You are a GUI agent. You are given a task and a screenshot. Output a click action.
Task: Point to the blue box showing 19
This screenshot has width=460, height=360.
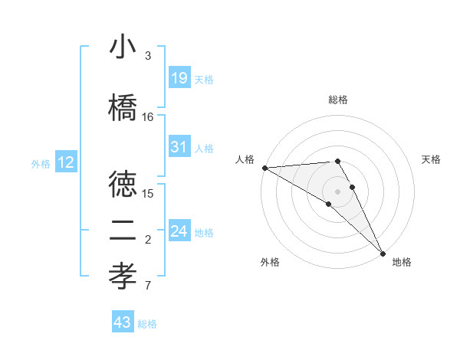(x=179, y=77)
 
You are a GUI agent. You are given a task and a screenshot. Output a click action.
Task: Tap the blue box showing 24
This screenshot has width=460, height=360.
(x=179, y=231)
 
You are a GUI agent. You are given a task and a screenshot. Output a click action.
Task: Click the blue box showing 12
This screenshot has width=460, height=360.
(x=65, y=162)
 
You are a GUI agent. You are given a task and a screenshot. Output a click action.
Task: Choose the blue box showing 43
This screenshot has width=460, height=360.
(x=123, y=322)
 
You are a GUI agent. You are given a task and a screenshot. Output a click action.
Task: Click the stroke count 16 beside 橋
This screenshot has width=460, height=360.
(x=148, y=116)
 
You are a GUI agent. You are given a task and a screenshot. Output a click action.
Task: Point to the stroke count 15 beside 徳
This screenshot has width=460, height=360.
(x=148, y=193)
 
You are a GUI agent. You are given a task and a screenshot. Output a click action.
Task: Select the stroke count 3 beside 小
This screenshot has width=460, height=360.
(x=148, y=56)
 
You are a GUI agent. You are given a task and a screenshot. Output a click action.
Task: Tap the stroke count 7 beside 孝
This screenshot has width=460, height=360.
(x=148, y=286)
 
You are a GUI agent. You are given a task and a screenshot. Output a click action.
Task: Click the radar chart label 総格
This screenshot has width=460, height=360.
(x=338, y=100)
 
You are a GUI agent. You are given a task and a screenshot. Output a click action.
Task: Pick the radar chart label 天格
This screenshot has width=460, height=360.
(x=431, y=159)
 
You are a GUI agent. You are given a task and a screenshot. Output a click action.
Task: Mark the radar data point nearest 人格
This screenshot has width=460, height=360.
(x=264, y=167)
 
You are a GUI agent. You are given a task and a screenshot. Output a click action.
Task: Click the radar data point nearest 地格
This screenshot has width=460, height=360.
(x=383, y=252)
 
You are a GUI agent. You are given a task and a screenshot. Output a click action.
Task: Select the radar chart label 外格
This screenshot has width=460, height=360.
(x=270, y=262)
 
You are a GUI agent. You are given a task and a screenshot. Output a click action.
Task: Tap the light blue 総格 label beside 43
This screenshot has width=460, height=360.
(x=147, y=324)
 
